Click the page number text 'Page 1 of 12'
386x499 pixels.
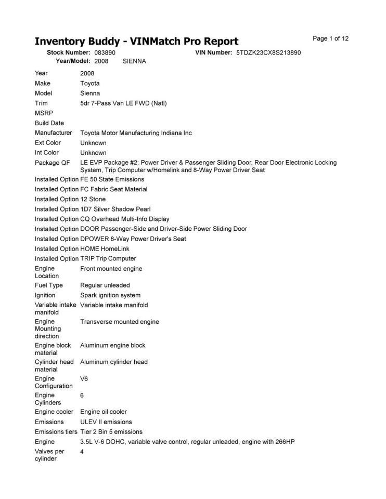[x=330, y=38]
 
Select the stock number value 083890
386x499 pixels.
[x=105, y=52]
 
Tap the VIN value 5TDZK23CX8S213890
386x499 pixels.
[x=268, y=52]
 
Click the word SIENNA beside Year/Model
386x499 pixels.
[x=134, y=61]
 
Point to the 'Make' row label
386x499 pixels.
[x=43, y=83]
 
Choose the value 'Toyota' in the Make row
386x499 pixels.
[x=89, y=83]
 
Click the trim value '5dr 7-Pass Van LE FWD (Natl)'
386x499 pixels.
[x=123, y=103]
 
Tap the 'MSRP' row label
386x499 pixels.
[x=44, y=113]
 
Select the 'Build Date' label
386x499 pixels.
[x=49, y=123]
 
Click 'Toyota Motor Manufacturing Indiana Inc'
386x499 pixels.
[x=136, y=133]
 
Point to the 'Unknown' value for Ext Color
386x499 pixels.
[x=93, y=143]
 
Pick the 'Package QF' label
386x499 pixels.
[x=52, y=163]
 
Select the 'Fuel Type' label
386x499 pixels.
[x=49, y=285]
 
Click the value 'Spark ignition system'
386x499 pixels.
[x=110, y=295]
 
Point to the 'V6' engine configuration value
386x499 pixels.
[x=84, y=379]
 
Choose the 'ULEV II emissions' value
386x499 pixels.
[x=106, y=422]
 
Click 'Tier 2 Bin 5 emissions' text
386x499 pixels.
[x=111, y=431]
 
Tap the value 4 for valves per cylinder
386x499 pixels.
[x=82, y=452]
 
